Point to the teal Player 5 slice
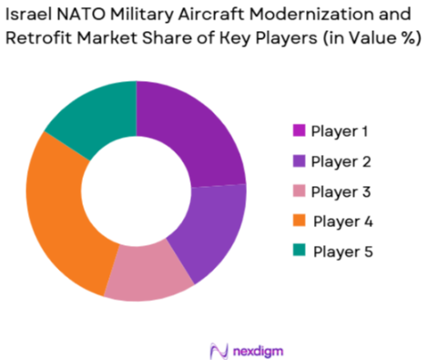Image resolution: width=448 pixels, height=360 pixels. (94, 111)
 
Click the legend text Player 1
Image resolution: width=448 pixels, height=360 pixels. (341, 131)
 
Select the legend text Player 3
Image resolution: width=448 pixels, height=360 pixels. (342, 191)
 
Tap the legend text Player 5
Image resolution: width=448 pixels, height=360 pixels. (343, 252)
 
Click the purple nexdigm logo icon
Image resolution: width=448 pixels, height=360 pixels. (218, 349)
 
